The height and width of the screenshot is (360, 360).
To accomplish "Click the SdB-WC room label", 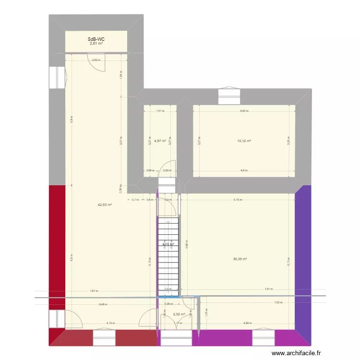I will (96, 39).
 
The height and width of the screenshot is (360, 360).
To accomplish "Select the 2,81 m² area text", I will (96, 43).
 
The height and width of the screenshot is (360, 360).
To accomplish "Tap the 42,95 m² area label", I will (105, 205).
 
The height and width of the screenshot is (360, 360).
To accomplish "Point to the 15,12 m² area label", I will (244, 141).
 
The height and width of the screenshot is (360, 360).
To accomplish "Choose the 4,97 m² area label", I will (160, 141).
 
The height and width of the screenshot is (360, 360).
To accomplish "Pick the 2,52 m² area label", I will (179, 314).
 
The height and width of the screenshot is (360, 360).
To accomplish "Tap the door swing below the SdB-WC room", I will (96, 62).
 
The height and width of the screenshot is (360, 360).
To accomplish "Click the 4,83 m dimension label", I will (244, 111).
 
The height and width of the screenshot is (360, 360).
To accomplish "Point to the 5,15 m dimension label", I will (237, 200).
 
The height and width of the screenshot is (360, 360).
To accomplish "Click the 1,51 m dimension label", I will (160, 111).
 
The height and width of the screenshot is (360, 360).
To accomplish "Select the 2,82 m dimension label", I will (96, 60).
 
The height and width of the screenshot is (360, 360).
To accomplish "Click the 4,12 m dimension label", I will (110, 323).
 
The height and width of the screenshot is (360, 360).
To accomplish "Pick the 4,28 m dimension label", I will (247, 323).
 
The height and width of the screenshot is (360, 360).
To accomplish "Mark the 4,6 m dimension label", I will (244, 170).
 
